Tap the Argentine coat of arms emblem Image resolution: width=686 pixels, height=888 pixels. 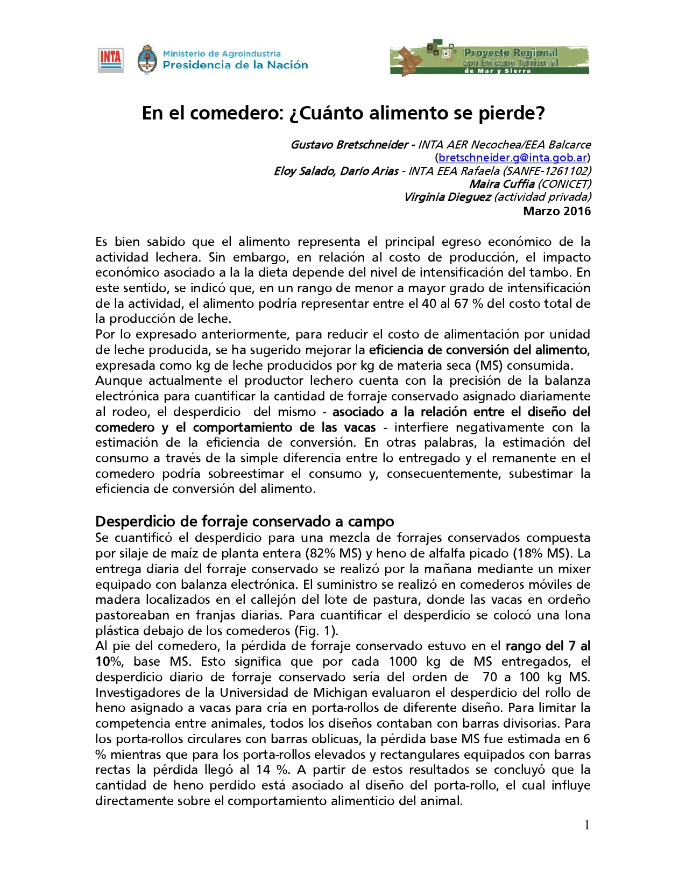[147, 59]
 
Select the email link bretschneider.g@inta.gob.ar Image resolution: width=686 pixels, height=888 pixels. [512, 158]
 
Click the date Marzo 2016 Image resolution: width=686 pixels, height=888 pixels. [557, 211]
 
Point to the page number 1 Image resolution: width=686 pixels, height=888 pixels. [587, 825]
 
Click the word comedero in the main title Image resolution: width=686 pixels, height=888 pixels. [234, 113]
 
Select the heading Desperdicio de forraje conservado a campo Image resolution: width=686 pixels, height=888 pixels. [244, 521]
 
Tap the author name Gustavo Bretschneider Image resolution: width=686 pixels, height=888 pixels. [349, 145]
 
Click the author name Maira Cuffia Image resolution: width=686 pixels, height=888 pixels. [501, 184]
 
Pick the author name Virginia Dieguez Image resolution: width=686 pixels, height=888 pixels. [447, 197]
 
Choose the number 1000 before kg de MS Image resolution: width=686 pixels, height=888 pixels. [402, 661]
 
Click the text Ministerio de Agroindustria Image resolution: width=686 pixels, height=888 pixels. [222, 53]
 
